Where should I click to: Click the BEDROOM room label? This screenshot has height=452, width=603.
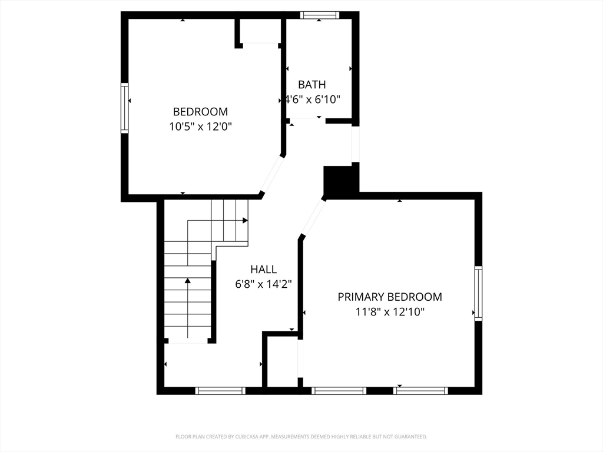point(200,111)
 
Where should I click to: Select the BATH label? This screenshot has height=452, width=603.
point(312,85)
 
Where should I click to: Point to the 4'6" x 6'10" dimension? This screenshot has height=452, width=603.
point(313,99)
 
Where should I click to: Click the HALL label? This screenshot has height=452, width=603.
point(263,269)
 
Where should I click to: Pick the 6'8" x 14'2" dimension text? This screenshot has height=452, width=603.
point(263,284)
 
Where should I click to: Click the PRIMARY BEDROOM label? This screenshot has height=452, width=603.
point(389,297)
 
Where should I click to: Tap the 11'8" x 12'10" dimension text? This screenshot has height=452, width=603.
point(389,312)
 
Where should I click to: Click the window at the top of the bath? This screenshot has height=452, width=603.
point(319,15)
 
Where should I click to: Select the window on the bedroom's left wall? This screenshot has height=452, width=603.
point(124,108)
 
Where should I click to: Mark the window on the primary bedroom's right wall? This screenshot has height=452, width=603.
point(478,293)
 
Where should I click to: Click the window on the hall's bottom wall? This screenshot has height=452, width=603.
point(220,390)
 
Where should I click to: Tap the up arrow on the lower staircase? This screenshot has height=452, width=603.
point(188,281)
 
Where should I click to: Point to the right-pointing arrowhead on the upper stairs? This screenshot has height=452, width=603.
point(245,220)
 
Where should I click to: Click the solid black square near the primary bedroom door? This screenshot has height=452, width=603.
point(341,181)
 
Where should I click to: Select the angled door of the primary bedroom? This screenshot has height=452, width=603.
point(313,217)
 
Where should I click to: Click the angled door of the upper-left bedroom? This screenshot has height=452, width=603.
point(271,174)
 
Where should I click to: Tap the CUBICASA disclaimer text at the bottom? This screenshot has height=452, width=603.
point(301,437)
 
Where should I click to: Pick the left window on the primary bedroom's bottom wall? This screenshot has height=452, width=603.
point(339,390)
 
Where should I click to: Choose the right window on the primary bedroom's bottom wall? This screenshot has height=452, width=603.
point(420,390)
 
